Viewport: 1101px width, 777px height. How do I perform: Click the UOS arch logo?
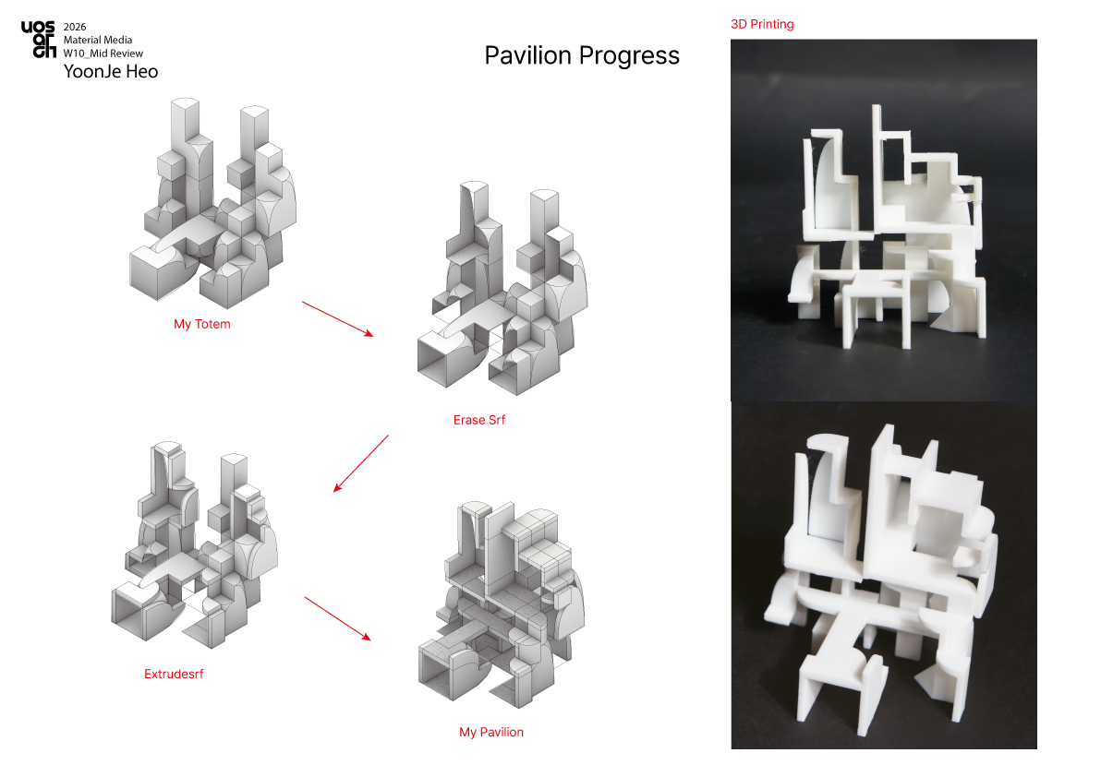coord(38,40)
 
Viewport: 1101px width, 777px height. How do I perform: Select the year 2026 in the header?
coord(75,27)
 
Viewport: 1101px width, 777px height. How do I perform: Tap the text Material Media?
coord(98,40)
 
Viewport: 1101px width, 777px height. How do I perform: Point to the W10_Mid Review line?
coord(103,54)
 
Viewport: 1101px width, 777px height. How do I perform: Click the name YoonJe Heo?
coord(111,72)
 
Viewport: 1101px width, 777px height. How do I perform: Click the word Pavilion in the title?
coord(528,55)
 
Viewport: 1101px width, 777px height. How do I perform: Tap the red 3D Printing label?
coord(762,24)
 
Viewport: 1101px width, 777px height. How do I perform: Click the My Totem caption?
coord(202,324)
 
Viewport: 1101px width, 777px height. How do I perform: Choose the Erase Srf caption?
coord(478,420)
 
